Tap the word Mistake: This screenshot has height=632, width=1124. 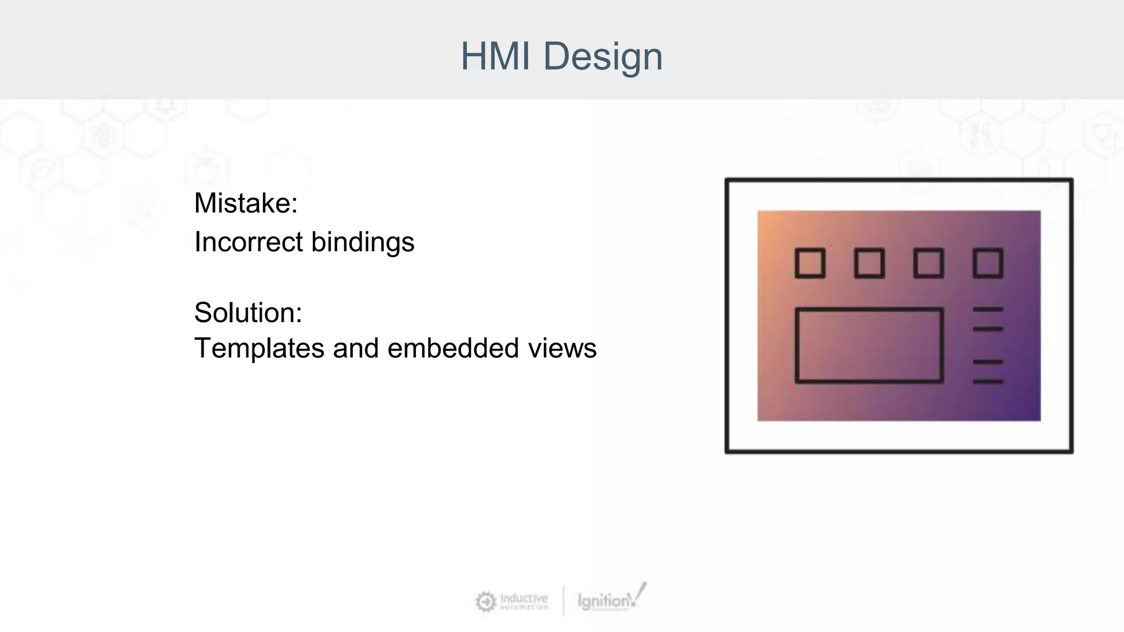click(x=246, y=204)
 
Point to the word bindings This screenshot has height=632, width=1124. click(x=363, y=243)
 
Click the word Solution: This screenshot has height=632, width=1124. click(x=248, y=313)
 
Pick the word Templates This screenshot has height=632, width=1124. click(x=259, y=349)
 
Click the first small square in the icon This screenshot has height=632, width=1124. click(x=810, y=263)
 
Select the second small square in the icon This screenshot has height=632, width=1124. click(x=869, y=263)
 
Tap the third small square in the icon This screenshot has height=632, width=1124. click(x=929, y=263)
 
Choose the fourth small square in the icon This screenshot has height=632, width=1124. click(x=988, y=263)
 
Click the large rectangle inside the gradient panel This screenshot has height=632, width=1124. click(x=869, y=345)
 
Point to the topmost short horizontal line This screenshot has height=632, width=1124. click(x=988, y=310)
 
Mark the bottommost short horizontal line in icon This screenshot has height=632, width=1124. click(x=988, y=381)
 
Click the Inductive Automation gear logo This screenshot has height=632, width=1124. click(x=486, y=602)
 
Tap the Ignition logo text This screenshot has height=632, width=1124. click(x=604, y=601)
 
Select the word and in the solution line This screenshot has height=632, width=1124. click(x=356, y=349)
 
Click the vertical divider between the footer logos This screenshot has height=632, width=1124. click(x=563, y=601)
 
